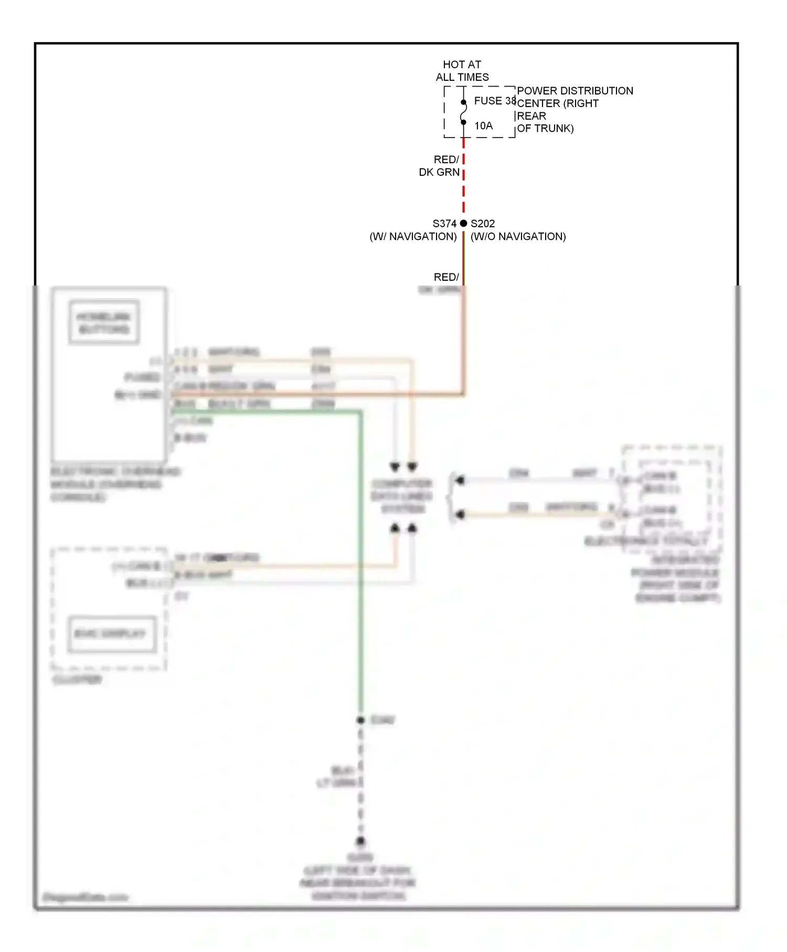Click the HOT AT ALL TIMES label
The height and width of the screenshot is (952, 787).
462,71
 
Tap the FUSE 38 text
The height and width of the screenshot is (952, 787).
495,101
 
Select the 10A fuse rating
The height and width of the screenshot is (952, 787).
483,126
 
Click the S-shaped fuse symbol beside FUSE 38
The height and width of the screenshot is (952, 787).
463,112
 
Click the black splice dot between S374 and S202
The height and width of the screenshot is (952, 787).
463,224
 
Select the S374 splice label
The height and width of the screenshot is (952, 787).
444,224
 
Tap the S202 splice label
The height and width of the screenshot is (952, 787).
483,224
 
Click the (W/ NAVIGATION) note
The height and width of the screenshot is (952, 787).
413,237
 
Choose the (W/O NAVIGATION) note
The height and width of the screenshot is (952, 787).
518,237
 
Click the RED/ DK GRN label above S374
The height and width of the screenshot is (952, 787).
440,166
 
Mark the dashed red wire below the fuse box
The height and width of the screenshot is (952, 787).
464,178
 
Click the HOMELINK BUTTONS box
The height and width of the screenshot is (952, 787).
104,323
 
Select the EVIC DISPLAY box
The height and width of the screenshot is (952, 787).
111,634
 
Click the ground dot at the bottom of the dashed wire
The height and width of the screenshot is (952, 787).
360,841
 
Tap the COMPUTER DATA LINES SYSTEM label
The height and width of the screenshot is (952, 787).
402,496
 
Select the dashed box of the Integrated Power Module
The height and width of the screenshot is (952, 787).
672,499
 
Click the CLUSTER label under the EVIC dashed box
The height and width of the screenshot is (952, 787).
77,680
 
